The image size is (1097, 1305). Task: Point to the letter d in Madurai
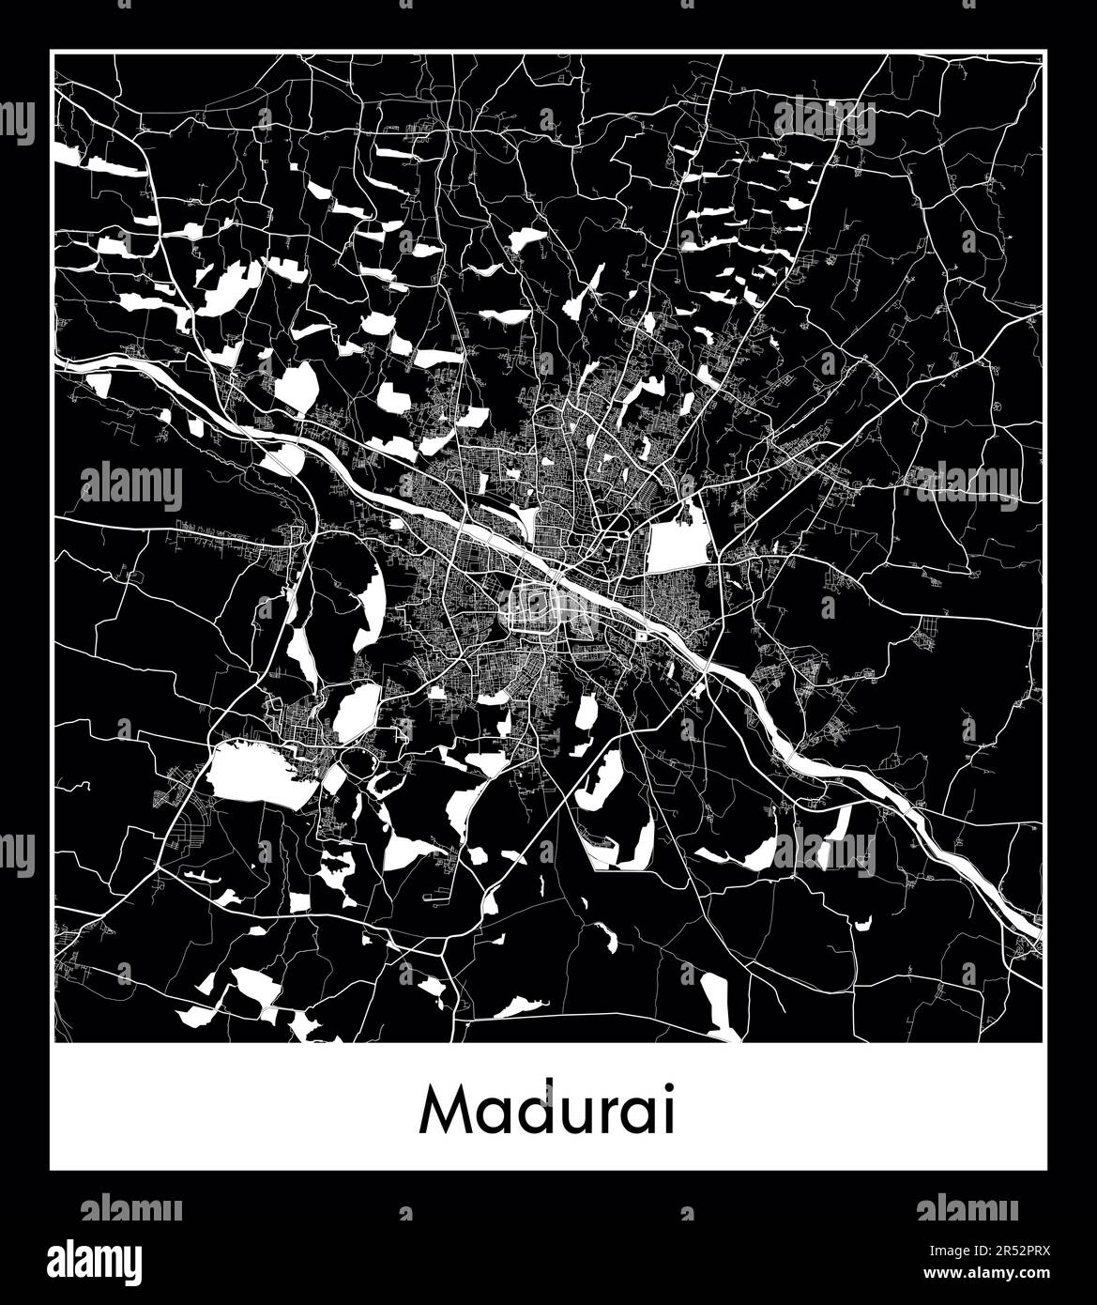(534, 1110)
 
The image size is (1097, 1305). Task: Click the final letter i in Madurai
(667, 1110)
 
